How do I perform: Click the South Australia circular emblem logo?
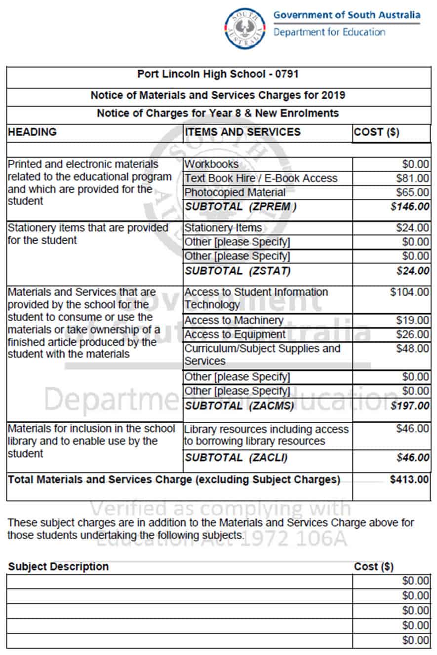coord(245,28)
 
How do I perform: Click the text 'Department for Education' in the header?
coord(329,33)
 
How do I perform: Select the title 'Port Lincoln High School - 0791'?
coord(218,74)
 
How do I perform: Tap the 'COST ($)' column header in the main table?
coord(377,132)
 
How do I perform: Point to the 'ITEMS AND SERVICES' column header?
coord(242,132)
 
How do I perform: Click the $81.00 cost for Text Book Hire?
coord(413,178)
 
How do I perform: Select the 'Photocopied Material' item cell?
coord(235,192)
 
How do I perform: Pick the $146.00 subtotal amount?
coord(410,207)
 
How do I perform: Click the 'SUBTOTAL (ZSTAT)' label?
coord(238,271)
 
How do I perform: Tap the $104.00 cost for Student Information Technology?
coord(410,292)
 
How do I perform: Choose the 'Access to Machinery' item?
coord(234,321)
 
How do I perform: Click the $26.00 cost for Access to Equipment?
coord(413,334)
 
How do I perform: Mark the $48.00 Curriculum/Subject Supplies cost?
coord(413,349)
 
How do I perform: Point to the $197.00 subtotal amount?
coord(410,406)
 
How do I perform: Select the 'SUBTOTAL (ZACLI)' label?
coord(236,458)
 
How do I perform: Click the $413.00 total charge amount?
coord(410,479)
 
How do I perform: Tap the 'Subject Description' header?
coord(58,567)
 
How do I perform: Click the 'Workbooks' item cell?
coord(211,164)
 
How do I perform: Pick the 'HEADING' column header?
coord(33,132)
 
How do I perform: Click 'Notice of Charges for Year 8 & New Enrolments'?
coord(218,113)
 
